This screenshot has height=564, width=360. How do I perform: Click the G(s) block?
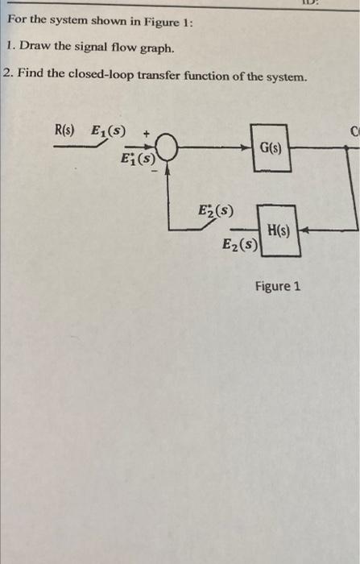(271, 148)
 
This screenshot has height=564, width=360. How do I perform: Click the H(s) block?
(279, 230)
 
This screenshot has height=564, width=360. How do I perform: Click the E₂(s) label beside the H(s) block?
(240, 246)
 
